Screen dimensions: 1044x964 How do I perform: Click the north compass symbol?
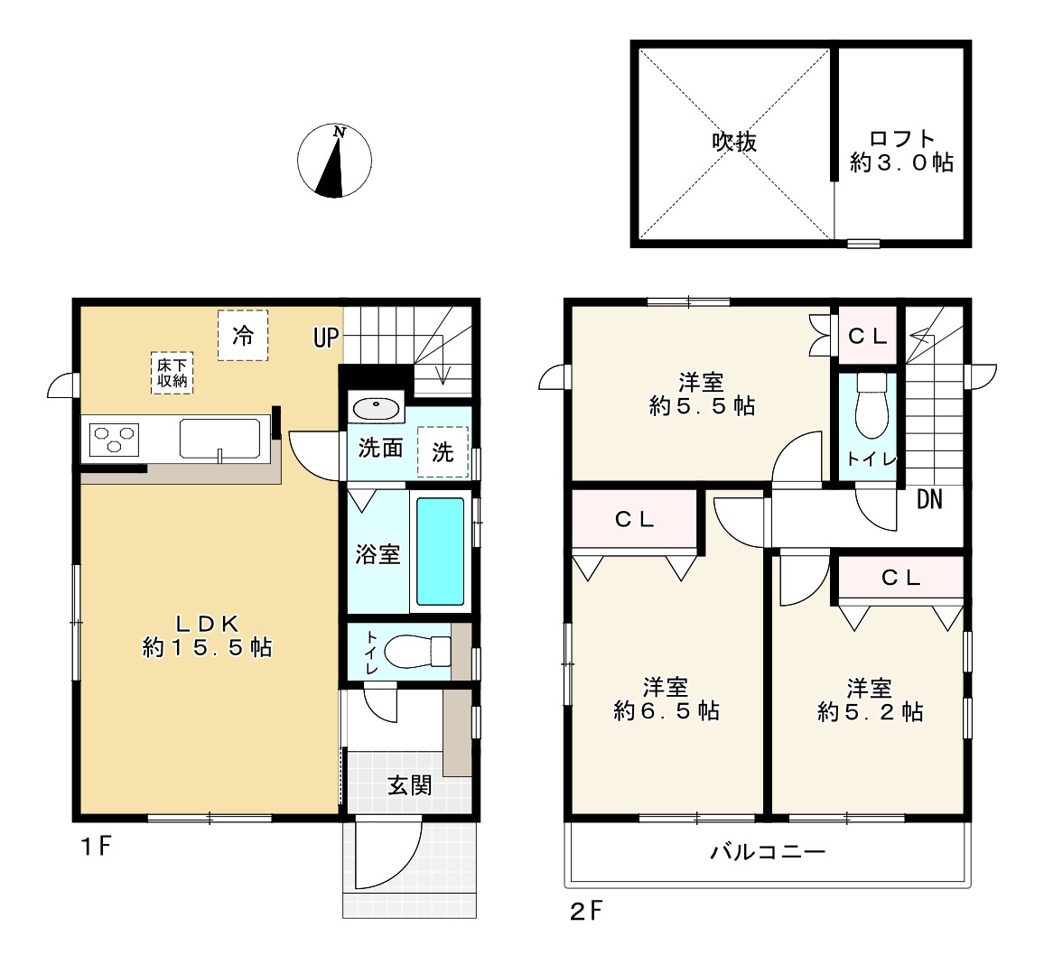pos(334,161)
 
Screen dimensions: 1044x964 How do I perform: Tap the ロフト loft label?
pos(901,139)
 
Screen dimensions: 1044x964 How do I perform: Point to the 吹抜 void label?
pos(734,142)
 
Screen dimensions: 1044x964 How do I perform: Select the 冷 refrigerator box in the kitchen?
pos(243,335)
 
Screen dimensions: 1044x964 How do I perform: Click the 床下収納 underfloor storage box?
pos(172,373)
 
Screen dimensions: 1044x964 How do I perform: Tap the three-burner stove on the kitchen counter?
pos(114,440)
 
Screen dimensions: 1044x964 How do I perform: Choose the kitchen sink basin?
pos(219,439)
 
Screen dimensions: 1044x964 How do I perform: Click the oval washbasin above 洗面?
pos(377,408)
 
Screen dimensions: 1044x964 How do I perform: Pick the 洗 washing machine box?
pos(443,451)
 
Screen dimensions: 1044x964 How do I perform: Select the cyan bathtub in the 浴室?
pos(440,551)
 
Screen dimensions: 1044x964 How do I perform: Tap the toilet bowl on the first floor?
pos(416,652)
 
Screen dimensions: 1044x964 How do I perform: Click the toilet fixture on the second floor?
pos(872,405)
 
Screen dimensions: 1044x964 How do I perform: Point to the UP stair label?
pos(326,338)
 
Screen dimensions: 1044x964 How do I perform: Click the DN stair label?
pos(929,499)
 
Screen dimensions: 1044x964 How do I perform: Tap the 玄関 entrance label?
pos(410,785)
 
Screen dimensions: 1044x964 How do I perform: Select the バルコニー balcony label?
pos(768,851)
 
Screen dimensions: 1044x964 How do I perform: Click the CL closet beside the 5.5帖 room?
pos(868,336)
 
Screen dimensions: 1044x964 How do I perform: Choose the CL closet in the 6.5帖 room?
pos(635,519)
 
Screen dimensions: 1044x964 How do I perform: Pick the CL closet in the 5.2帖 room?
pos(900,578)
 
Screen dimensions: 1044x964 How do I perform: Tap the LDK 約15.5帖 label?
pos(207,635)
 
